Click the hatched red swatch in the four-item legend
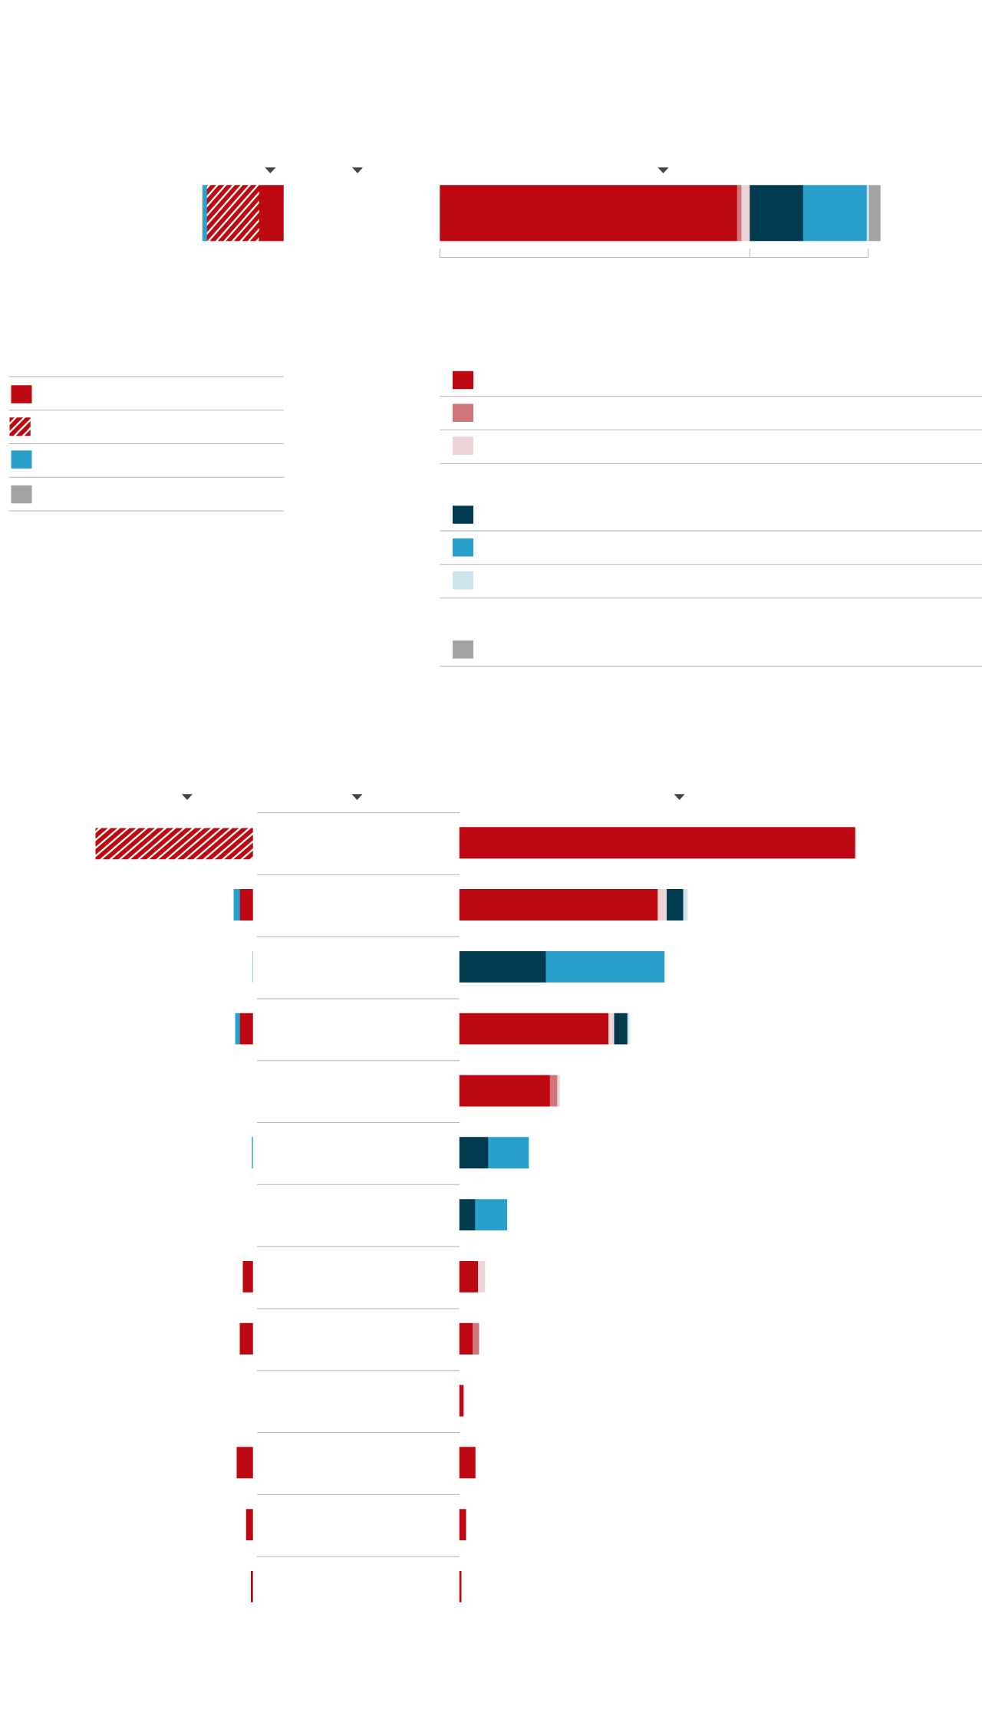(x=20, y=426)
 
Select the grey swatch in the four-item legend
(x=21, y=494)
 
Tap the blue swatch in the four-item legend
(x=21, y=459)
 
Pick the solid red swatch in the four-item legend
(x=21, y=394)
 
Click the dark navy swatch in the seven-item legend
(x=463, y=515)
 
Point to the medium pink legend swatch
(x=463, y=413)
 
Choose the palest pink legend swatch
(x=463, y=446)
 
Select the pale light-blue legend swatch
(x=463, y=580)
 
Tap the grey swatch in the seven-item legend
(x=463, y=650)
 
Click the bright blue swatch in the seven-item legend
(x=463, y=548)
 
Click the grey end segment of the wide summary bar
(x=875, y=213)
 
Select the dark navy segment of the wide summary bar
(x=776, y=213)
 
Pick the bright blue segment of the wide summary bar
(x=835, y=213)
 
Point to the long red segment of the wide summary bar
(x=588, y=213)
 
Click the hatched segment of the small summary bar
(x=233, y=213)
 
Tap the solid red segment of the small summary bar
(x=272, y=213)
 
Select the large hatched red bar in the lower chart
(x=174, y=844)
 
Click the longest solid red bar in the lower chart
(x=657, y=843)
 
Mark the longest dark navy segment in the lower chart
(x=503, y=967)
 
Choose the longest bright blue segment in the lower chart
(x=605, y=967)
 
